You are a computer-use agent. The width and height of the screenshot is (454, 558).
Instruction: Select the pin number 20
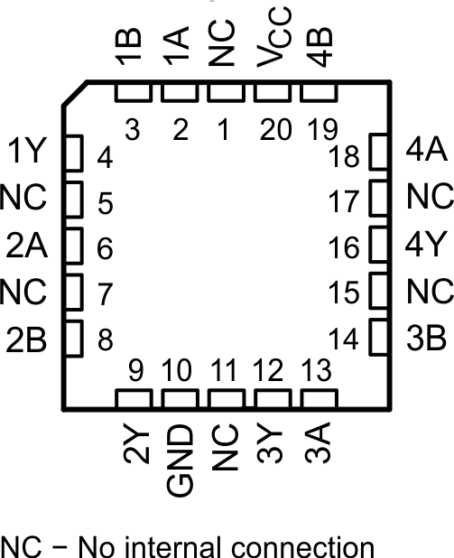[273, 129]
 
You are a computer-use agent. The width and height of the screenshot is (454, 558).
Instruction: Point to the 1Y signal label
[24, 152]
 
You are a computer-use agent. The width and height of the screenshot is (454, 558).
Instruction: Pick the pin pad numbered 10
[178, 398]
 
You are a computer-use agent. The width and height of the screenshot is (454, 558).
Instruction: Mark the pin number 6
[105, 246]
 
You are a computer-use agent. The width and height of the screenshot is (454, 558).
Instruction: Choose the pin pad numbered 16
[376, 246]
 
